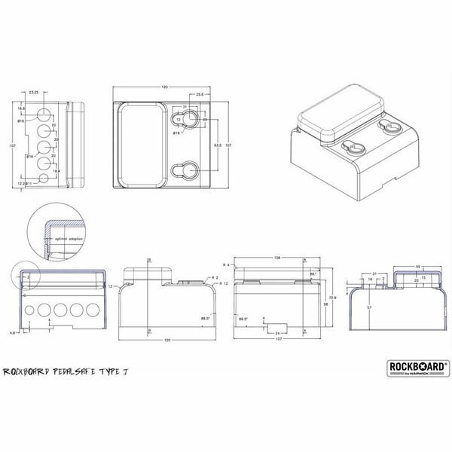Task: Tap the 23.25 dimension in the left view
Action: tap(34, 92)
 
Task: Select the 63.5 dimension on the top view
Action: tap(217, 143)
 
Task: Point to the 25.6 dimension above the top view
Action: tap(200, 95)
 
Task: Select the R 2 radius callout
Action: tap(214, 278)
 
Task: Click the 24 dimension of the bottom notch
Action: tap(277, 332)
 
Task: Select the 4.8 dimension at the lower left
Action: tap(14, 331)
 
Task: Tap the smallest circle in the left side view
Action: tap(27, 310)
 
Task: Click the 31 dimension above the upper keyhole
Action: tap(185, 106)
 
